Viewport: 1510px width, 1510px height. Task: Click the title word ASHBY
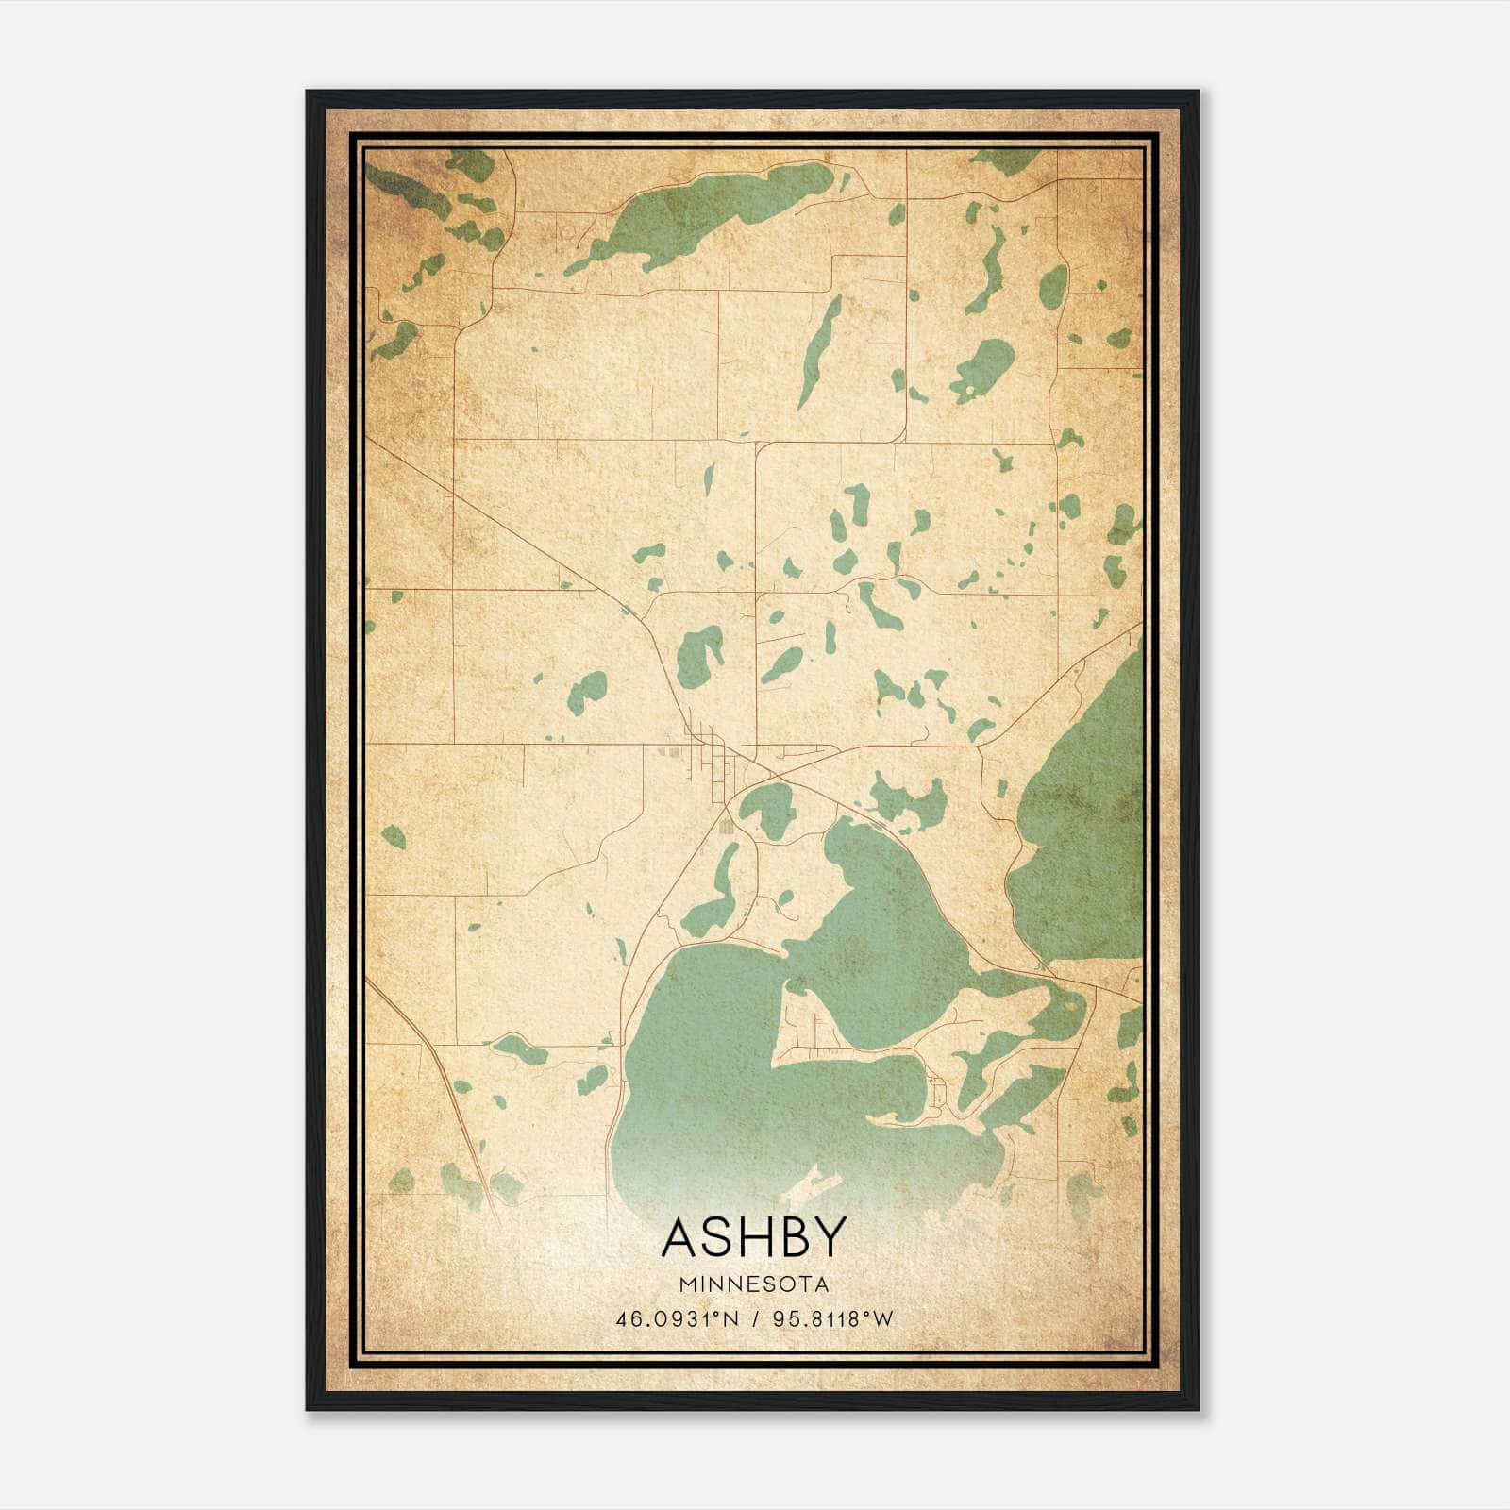point(754,1237)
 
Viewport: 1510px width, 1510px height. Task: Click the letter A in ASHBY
point(681,1237)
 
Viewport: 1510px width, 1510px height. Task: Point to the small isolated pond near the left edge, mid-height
point(393,836)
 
